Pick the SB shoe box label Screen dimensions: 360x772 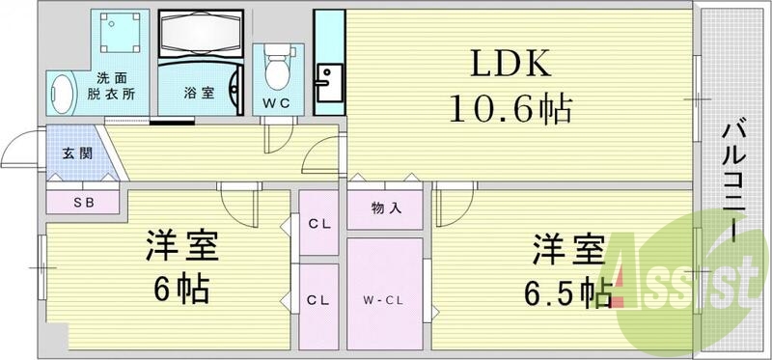pyautogui.click(x=83, y=203)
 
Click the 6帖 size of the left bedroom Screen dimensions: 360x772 pyautogui.click(x=180, y=289)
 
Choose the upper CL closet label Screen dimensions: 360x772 pyautogui.click(x=318, y=225)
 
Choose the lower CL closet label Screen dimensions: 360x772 pyautogui.click(x=318, y=300)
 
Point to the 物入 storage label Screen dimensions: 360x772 pyautogui.click(x=385, y=208)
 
